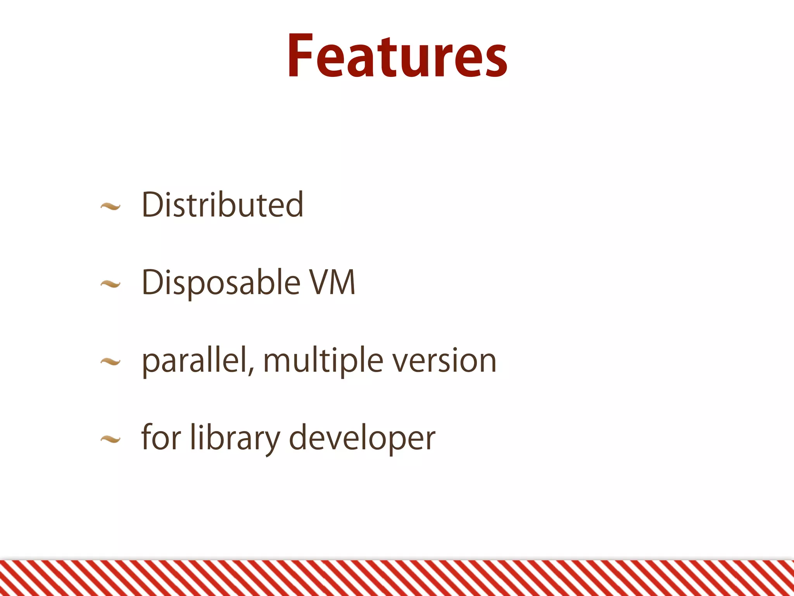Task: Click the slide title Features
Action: point(397,56)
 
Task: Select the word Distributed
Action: point(223,205)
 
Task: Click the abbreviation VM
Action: point(332,282)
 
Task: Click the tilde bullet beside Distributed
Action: point(110,207)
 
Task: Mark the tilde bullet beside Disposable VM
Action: point(110,285)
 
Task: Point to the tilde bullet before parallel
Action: point(110,362)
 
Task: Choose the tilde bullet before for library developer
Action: point(110,439)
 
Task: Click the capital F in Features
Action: point(300,56)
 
